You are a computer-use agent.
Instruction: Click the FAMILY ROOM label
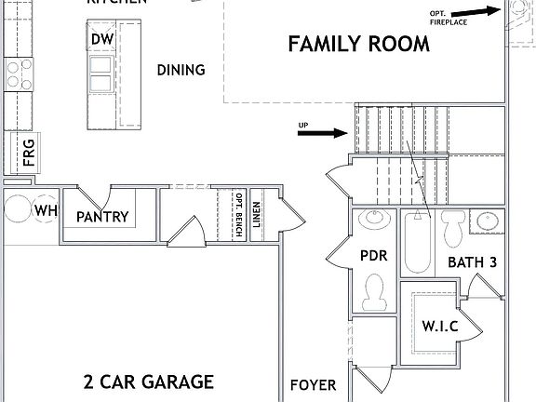[358, 44]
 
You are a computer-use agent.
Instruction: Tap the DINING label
[181, 70]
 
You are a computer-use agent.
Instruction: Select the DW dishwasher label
[101, 39]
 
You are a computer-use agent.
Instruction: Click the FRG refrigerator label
[29, 152]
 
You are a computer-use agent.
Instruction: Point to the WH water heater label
[46, 211]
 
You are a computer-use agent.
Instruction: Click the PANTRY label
[102, 218]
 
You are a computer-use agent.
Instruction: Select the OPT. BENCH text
[239, 216]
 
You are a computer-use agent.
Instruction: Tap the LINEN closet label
[256, 215]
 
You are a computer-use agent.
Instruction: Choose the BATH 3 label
[472, 262]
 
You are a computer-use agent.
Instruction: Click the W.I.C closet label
[439, 327]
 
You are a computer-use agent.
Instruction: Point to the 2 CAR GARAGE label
[149, 382]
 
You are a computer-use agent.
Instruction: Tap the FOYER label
[313, 384]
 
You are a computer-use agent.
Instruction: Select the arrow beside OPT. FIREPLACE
[479, 10]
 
